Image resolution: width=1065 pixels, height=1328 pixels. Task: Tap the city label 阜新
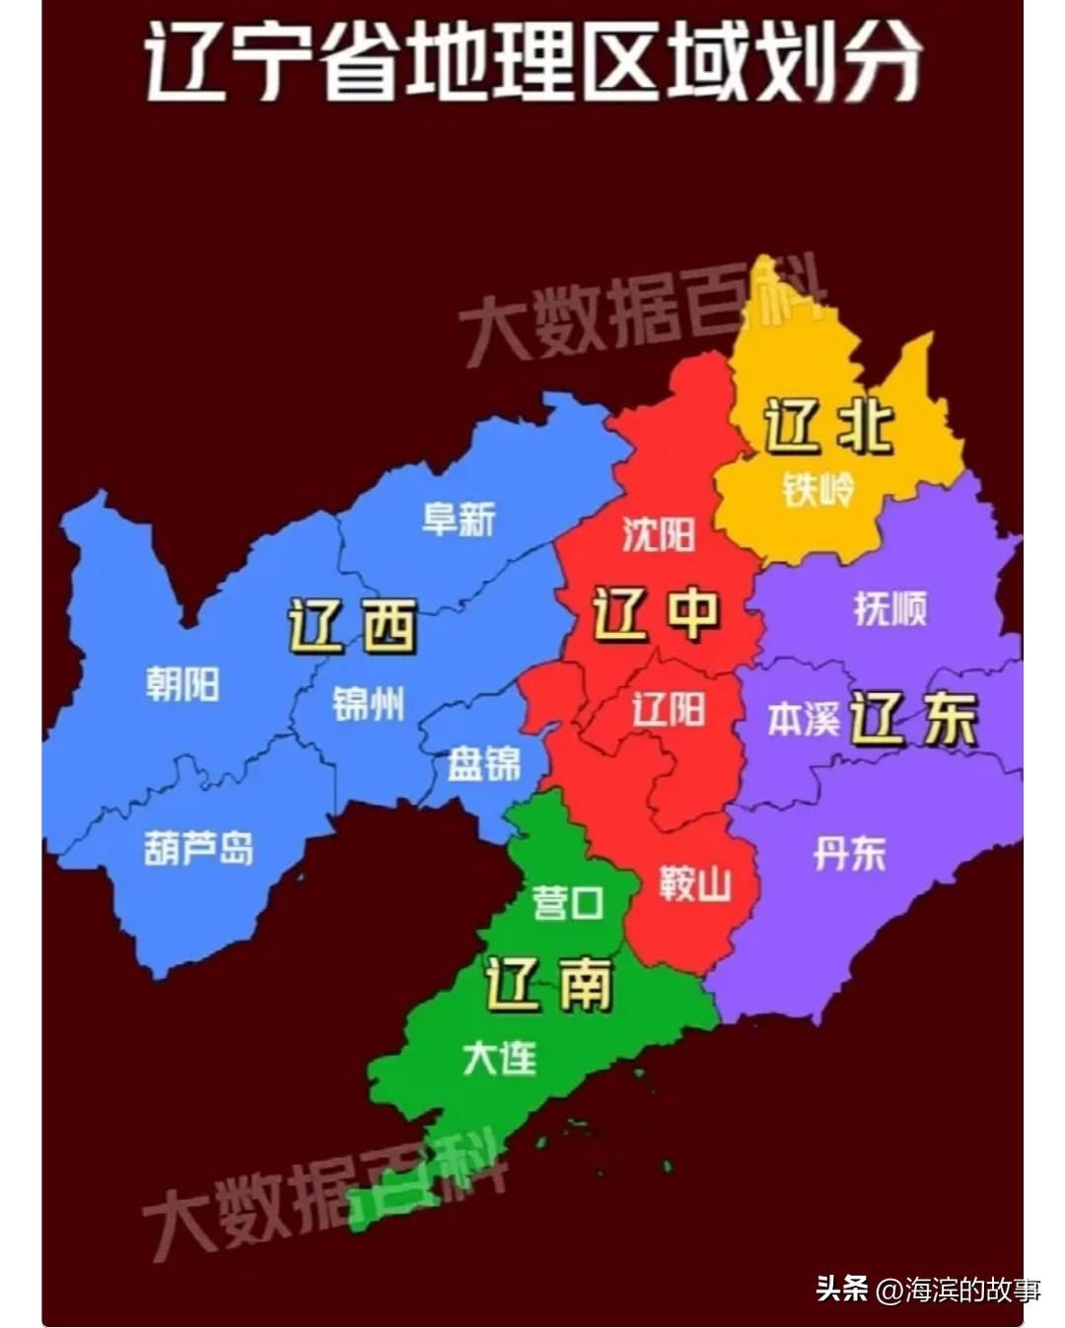(459, 519)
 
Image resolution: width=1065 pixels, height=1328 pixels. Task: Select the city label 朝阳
(182, 683)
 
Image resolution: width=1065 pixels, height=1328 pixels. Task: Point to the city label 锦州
(368, 704)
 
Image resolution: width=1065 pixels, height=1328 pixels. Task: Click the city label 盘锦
(483, 763)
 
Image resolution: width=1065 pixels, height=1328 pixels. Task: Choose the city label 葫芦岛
(198, 848)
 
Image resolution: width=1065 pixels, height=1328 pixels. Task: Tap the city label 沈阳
(658, 534)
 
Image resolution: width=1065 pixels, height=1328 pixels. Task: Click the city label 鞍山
(695, 883)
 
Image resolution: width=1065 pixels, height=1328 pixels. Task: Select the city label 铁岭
(817, 488)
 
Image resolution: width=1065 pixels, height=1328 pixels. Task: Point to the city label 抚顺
(890, 608)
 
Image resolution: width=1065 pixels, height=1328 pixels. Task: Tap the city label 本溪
(803, 719)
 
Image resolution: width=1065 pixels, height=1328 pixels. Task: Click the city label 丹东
(849, 853)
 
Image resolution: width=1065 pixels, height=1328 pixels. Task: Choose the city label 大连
(500, 1059)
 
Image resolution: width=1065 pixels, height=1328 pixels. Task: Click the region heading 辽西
(352, 626)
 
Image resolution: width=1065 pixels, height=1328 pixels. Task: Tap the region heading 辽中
(656, 613)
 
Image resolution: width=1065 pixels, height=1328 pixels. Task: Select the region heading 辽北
(828, 427)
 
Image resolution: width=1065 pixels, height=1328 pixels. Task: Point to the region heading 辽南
(548, 983)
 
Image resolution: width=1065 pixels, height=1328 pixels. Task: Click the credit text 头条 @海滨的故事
(927, 1289)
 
